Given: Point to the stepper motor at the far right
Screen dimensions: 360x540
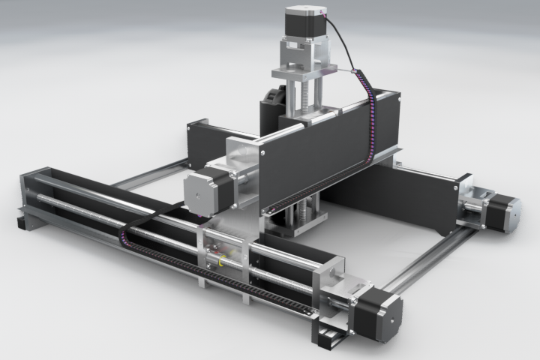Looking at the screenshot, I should click(x=506, y=212).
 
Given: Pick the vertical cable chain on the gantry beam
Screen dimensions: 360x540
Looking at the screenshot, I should click(x=370, y=120).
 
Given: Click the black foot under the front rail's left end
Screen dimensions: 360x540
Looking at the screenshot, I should click(x=22, y=223).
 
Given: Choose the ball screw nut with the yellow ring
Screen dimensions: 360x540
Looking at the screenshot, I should click(x=221, y=259).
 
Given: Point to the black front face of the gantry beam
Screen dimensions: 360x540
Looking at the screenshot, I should click(x=315, y=157).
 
